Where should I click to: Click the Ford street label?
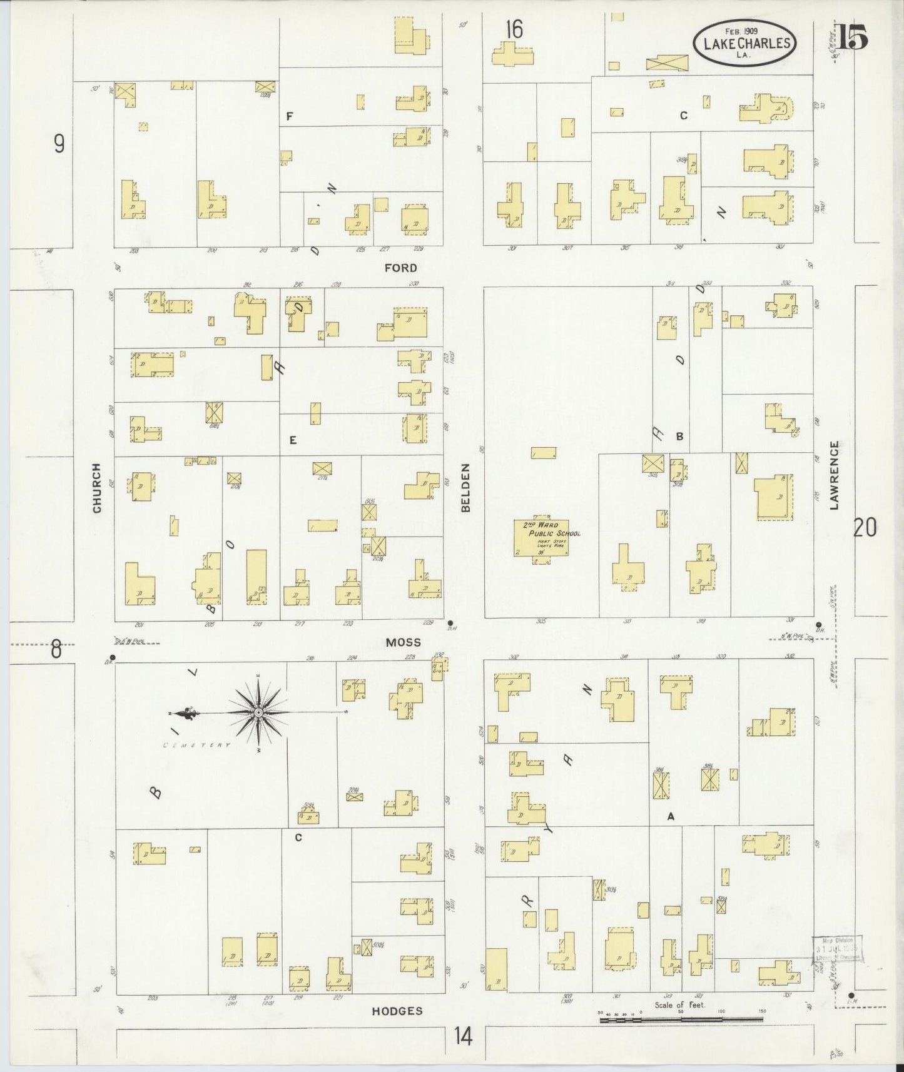coord(400,268)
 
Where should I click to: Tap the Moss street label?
coord(403,642)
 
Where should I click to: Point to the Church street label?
coord(97,488)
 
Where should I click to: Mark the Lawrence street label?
coord(834,475)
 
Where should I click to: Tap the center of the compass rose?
coord(258,712)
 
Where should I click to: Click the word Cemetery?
coord(197,746)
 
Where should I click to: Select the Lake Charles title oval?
coord(744,42)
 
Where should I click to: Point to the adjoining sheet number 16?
coord(514,29)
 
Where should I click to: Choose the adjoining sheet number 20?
coord(865,528)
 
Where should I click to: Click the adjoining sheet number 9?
coord(59,144)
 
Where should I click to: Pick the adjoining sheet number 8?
coord(56,650)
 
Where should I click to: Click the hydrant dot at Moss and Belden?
coord(450,623)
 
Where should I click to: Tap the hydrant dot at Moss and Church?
coord(112,657)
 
